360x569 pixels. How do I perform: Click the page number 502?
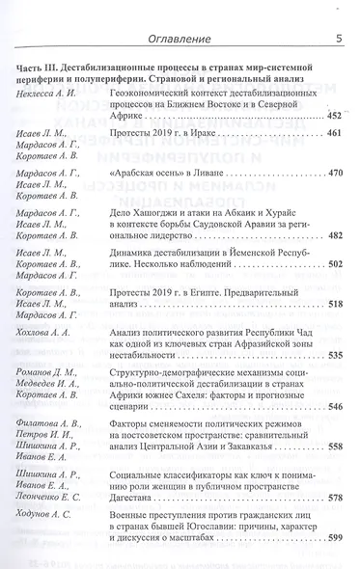click(x=333, y=262)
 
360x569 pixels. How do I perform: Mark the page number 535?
click(x=333, y=355)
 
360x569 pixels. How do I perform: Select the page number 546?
click(x=333, y=407)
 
